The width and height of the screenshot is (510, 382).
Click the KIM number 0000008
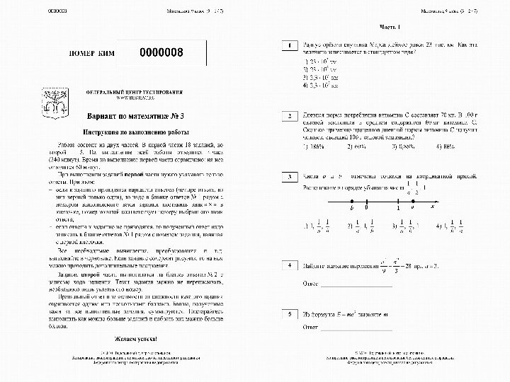tap(162, 54)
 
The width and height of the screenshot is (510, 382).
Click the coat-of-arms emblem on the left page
tap(52, 103)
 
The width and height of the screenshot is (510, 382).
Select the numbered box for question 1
tap(288, 45)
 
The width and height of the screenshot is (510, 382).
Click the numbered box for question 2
tap(288, 114)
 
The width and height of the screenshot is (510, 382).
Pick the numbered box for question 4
tap(288, 265)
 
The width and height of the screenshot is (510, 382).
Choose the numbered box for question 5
tap(288, 312)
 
